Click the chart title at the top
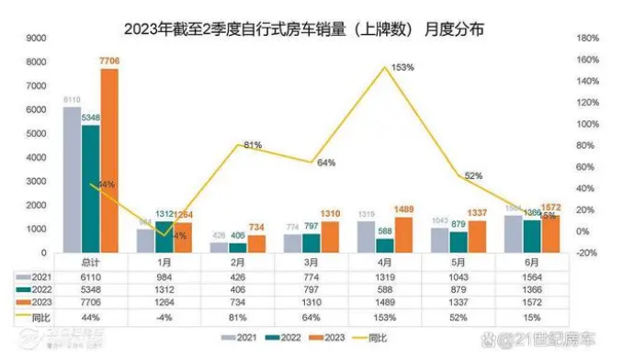tap(303, 30)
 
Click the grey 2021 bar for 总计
tap(73, 180)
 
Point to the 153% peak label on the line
tap(402, 67)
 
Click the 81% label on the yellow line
tap(254, 145)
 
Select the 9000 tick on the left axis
tap(36, 39)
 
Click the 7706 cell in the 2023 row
tap(90, 302)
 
